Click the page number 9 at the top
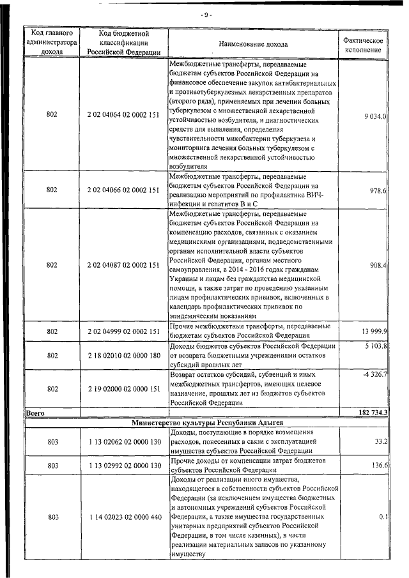pyautogui.click(x=206, y=14)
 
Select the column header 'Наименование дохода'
pyautogui.click(x=253, y=44)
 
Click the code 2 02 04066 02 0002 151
pyautogui.click(x=123, y=190)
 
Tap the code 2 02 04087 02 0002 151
pyautogui.click(x=123, y=265)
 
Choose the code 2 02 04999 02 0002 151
pyautogui.click(x=123, y=331)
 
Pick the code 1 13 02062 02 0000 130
pyautogui.click(x=123, y=441)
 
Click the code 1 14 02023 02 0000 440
pyautogui.click(x=123, y=517)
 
